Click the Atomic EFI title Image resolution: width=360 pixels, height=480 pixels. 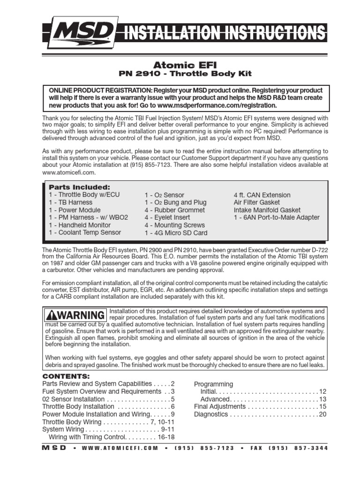coord(180,64)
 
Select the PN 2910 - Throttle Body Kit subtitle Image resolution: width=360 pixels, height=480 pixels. coord(180,74)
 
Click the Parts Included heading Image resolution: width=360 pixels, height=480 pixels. coord(79,187)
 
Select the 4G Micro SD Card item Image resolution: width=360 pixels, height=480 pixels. coord(176,233)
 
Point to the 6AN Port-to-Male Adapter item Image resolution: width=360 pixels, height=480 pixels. coord(277,217)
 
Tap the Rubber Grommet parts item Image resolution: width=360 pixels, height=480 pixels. coord(175,210)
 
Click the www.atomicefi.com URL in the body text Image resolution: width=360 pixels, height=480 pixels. coord(66,172)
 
